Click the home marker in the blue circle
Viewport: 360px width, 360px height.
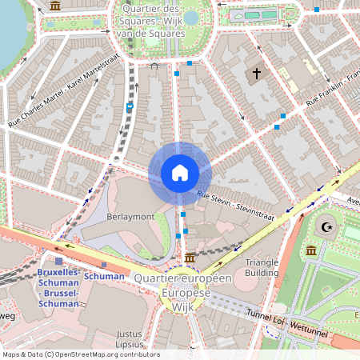(x=180, y=172)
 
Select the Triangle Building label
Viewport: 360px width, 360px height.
(x=262, y=267)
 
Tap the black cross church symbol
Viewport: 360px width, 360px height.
(x=257, y=74)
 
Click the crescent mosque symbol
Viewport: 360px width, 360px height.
(x=326, y=227)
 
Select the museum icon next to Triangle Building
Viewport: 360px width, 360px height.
(x=310, y=252)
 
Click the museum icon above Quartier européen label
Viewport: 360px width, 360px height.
(x=190, y=258)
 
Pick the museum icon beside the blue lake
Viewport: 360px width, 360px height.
(x=54, y=6)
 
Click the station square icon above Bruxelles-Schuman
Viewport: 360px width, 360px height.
(x=59, y=261)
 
